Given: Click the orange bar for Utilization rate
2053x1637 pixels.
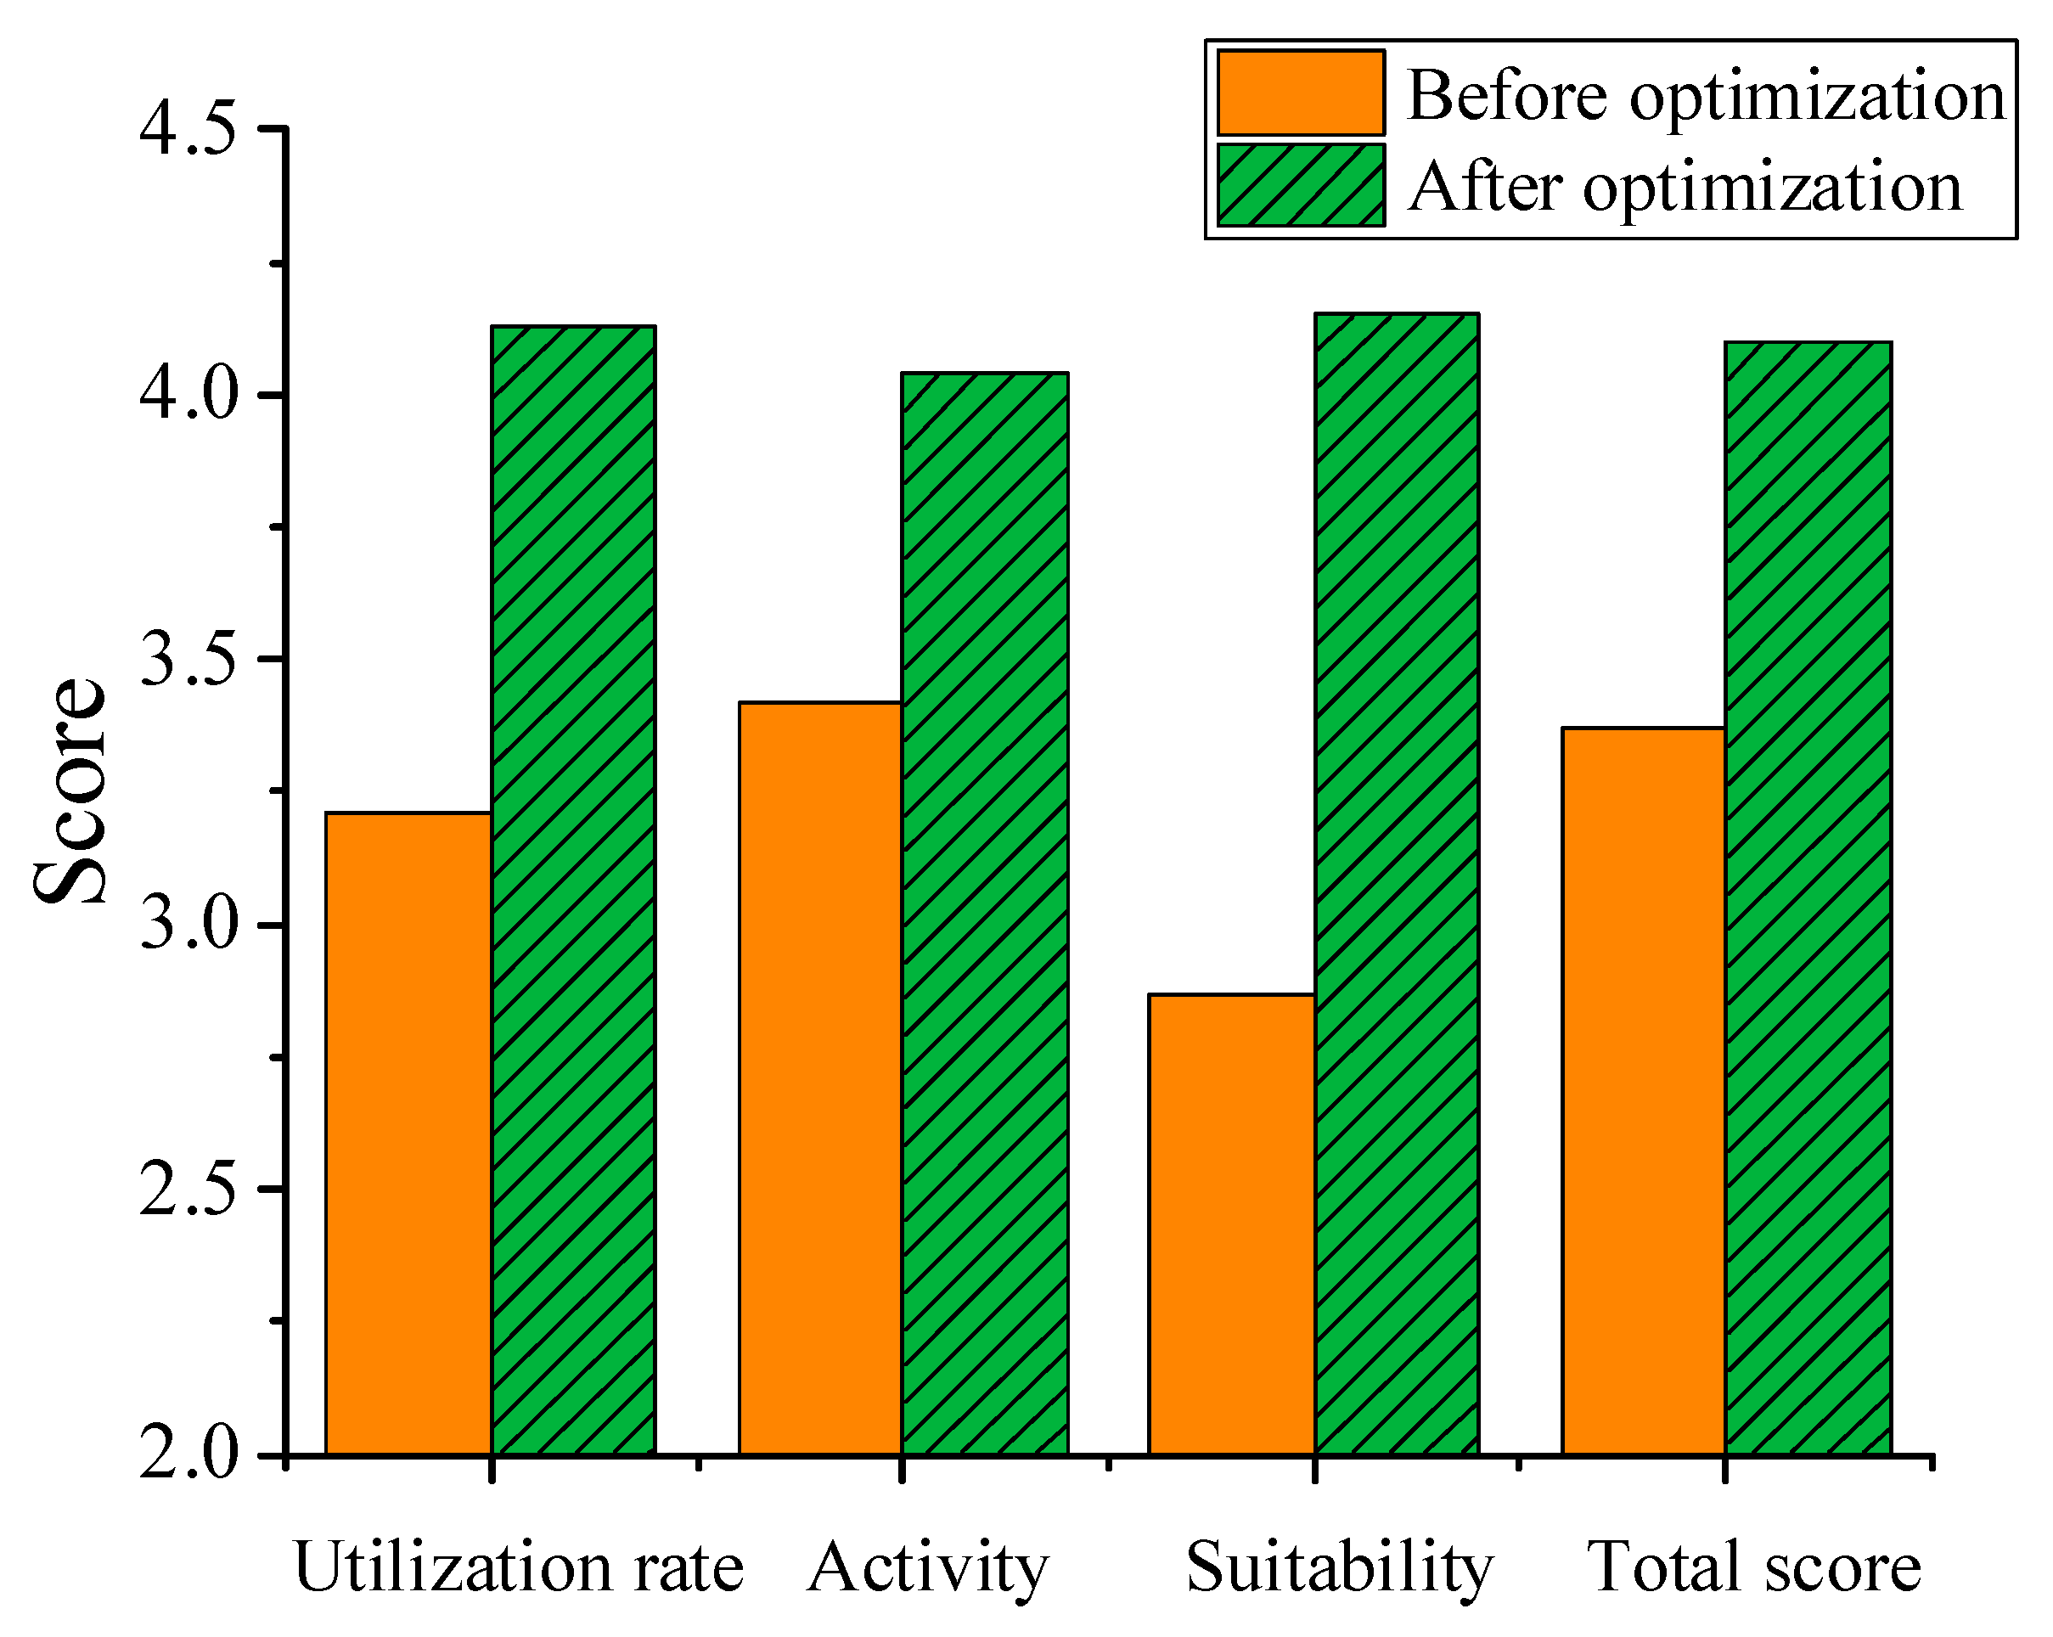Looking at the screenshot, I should point(408,1134).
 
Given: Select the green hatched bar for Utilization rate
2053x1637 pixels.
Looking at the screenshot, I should point(573,891).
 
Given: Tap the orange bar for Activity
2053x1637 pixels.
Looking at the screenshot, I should point(821,1078).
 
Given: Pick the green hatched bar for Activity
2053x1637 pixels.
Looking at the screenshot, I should point(985,914).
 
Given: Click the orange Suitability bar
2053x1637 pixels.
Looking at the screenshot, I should point(1231,1224).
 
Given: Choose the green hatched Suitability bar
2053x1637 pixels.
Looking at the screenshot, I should point(1397,884).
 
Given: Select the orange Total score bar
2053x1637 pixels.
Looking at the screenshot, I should point(1644,1091).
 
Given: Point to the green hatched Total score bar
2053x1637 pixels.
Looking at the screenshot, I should point(1808,898).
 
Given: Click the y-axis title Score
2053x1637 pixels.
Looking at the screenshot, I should point(69,790).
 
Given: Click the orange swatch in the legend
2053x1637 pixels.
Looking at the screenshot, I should point(1300,93).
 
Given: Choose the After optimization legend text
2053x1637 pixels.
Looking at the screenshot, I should point(1685,187).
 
